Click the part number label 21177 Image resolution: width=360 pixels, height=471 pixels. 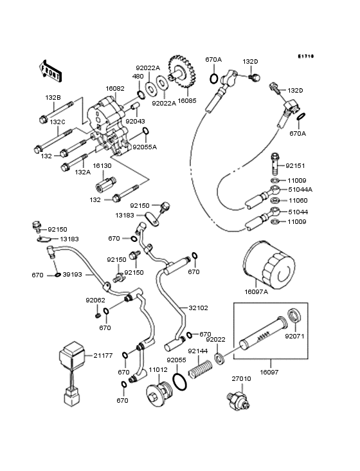[x=103, y=355]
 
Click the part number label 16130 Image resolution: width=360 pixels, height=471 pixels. [x=102, y=165]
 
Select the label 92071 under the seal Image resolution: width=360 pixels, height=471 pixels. [x=295, y=336]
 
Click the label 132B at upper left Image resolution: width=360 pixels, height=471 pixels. [x=53, y=97]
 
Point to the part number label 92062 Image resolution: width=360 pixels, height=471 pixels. [x=95, y=300]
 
